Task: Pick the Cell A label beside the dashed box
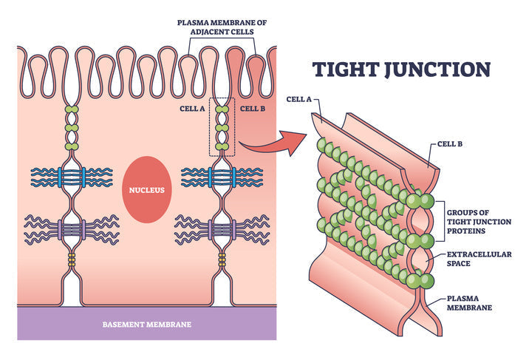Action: tap(192, 108)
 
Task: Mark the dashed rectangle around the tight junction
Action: tap(222, 126)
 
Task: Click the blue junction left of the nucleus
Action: tap(72, 177)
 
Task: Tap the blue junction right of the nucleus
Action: tap(222, 177)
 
